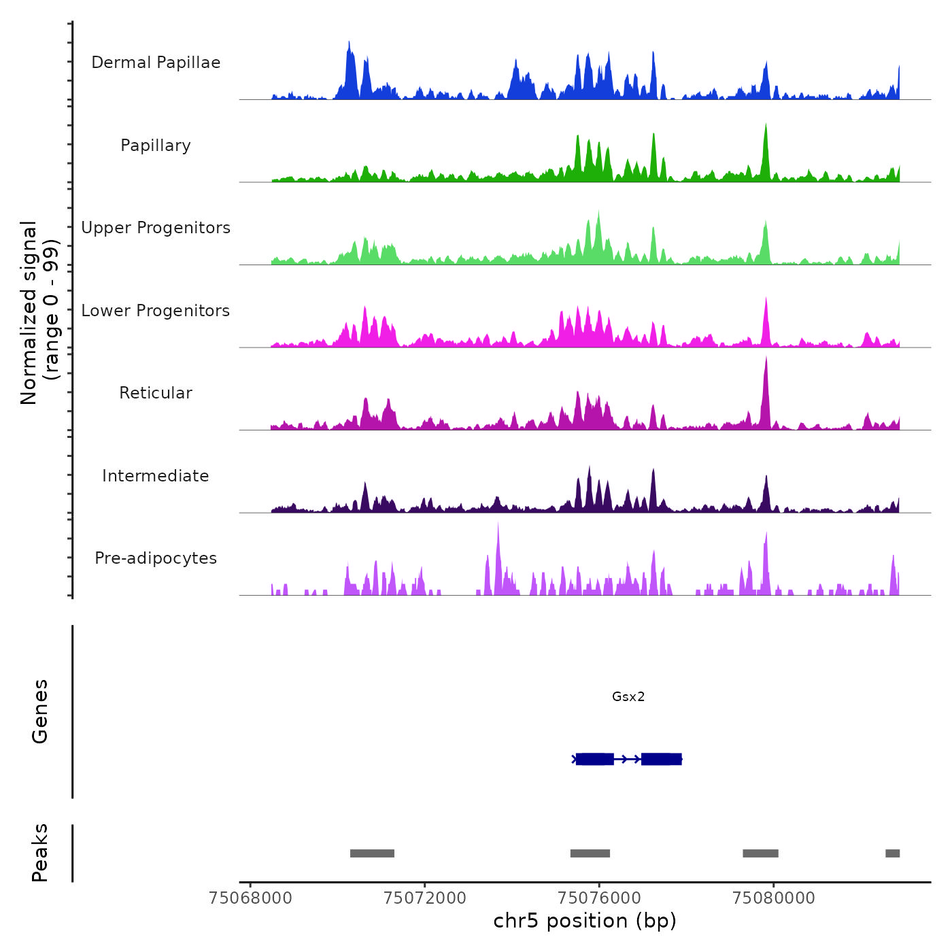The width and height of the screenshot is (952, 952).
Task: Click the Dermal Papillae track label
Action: coord(156,63)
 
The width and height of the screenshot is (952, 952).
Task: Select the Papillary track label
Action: coord(156,146)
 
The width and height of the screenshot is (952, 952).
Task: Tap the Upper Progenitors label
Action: coord(156,228)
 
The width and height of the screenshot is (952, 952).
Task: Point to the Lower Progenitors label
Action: coord(156,311)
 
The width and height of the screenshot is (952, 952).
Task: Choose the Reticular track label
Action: coord(156,393)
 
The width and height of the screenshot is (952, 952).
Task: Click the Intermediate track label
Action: coord(156,476)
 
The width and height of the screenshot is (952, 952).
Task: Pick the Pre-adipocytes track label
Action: coord(156,558)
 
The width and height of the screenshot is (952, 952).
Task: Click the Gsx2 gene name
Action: coord(628,696)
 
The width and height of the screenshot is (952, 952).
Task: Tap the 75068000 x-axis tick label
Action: coord(250,898)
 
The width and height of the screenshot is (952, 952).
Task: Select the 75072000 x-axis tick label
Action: coord(425,898)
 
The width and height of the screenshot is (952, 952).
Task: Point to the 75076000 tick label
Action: coord(599,898)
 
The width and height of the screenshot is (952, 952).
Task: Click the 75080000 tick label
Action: coord(774,898)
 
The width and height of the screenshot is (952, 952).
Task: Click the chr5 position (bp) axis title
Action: coord(585,921)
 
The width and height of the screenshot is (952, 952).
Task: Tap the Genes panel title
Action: coord(40,711)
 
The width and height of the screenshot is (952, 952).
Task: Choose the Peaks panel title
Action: coord(40,853)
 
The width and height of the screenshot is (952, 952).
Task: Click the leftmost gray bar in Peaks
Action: coord(372,853)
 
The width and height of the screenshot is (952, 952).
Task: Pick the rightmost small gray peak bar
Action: coord(892,853)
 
